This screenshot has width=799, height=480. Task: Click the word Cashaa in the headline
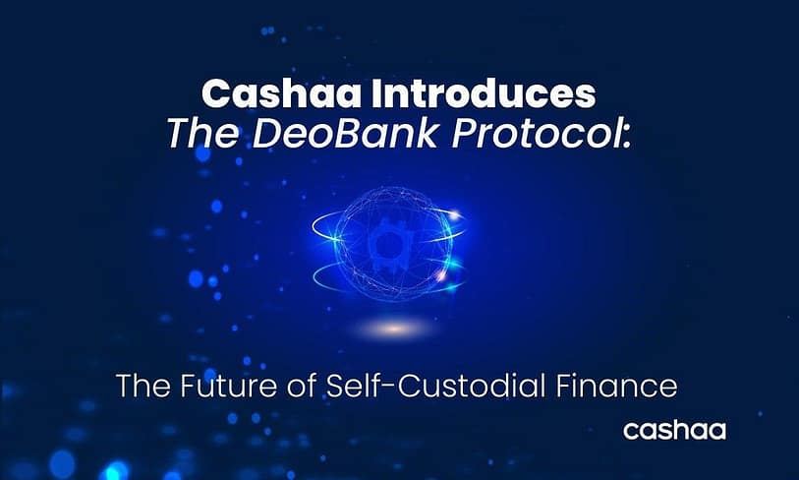point(282,93)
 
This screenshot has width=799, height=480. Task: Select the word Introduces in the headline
point(484,93)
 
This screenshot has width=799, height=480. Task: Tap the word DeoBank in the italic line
point(346,134)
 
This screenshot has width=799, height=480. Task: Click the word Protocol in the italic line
point(536,135)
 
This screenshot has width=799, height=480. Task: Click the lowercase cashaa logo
point(674,431)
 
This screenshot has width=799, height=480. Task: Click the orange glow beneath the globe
point(394,329)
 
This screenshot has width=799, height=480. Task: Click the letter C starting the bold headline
point(215,93)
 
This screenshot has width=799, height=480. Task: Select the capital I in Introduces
point(376,93)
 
